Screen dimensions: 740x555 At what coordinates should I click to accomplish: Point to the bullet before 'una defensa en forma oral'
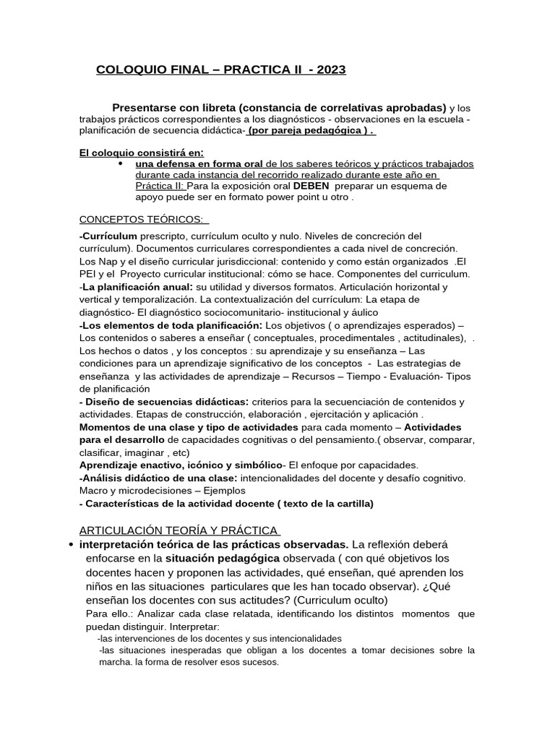pos(119,164)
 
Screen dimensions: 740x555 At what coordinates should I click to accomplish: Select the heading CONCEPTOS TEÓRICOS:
pos(137,219)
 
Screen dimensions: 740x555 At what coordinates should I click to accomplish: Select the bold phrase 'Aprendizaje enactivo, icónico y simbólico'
pos(180,465)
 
